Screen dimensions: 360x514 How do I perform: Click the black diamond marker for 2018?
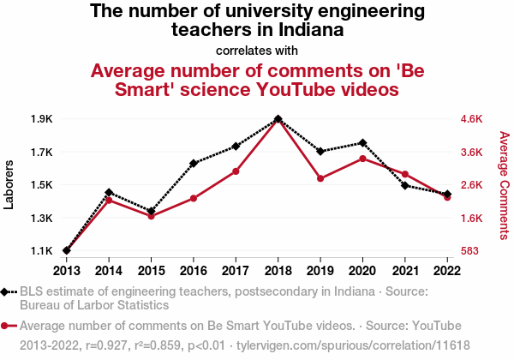click(x=278, y=119)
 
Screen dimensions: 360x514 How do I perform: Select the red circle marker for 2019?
click(x=320, y=178)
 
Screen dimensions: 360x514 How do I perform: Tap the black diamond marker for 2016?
click(x=194, y=164)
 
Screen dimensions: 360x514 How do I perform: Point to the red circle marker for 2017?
click(x=236, y=171)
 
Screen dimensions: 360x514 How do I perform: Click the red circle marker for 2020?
click(x=362, y=159)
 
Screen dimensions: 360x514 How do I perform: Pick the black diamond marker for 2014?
click(x=109, y=193)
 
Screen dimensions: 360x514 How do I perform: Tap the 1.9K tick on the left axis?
click(x=42, y=119)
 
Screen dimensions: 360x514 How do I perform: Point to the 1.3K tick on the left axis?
click(x=42, y=218)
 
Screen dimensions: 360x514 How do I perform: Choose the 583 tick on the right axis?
click(x=471, y=251)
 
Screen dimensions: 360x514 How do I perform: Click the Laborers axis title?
click(x=9, y=184)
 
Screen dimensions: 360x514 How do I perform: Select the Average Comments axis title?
click(x=504, y=184)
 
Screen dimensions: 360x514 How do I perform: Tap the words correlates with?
click(x=257, y=50)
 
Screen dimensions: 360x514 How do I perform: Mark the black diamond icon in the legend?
click(x=7, y=291)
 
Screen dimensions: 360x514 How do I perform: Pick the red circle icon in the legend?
click(x=7, y=326)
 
